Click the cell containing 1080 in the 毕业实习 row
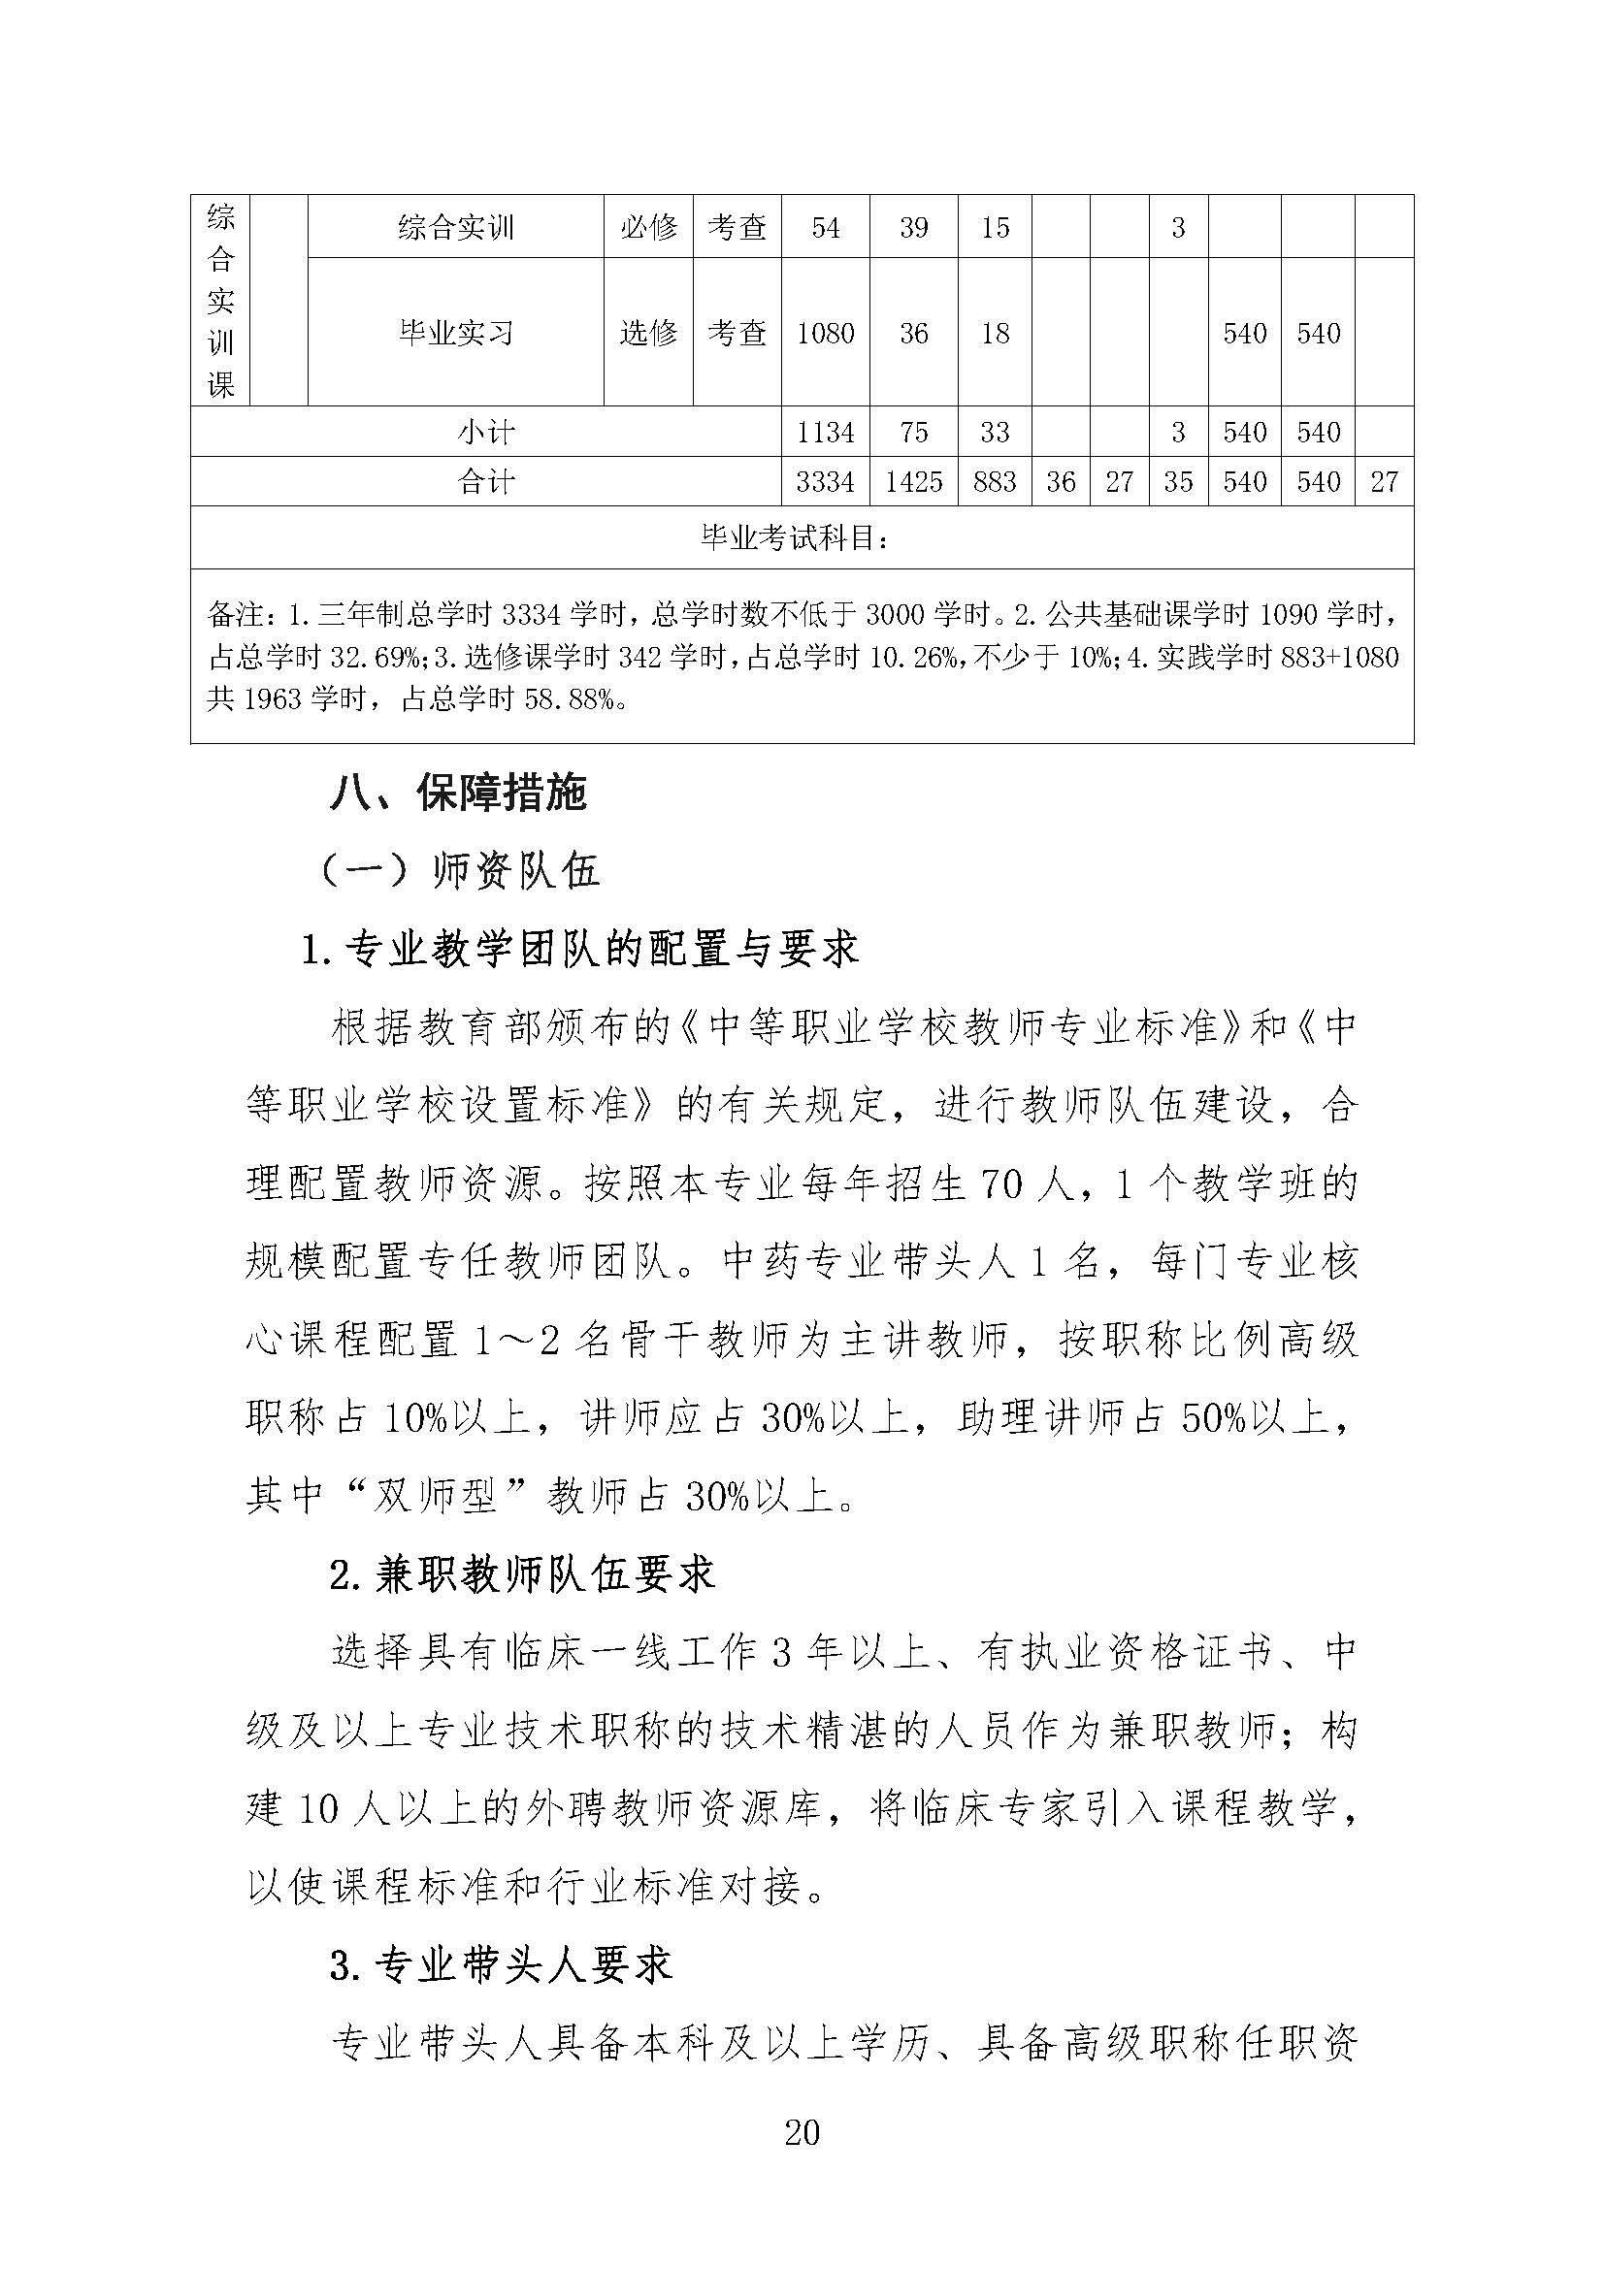pyautogui.click(x=825, y=333)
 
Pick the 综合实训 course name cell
pyautogui.click(x=456, y=228)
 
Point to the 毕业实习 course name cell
pyautogui.click(x=456, y=333)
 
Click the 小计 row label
pyautogui.click(x=485, y=432)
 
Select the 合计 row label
pyautogui.click(x=485, y=481)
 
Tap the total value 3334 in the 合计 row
pyautogui.click(x=825, y=481)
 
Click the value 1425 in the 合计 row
pyautogui.click(x=913, y=481)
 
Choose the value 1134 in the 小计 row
pyautogui.click(x=825, y=432)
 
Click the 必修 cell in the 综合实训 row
pyautogui.click(x=648, y=228)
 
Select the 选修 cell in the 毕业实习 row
pyautogui.click(x=648, y=333)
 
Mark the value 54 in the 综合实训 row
pyautogui.click(x=825, y=228)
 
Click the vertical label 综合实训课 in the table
pyautogui.click(x=220, y=301)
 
